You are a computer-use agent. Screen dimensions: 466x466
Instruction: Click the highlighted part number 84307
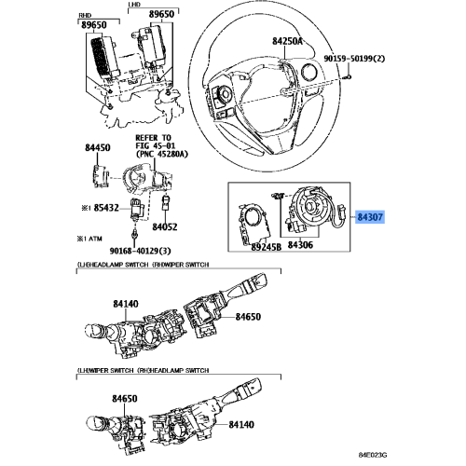[x=368, y=217]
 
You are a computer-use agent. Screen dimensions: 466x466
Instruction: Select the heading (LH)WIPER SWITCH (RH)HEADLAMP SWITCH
[x=142, y=372]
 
